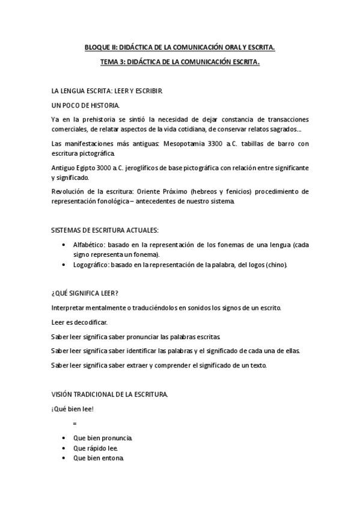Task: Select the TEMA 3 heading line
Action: click(x=180, y=60)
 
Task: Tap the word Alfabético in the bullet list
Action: click(x=89, y=245)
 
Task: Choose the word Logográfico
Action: click(x=90, y=265)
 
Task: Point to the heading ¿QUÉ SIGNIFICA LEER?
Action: click(x=84, y=293)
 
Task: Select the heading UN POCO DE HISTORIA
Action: click(x=85, y=105)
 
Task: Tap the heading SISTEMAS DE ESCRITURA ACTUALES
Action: click(x=105, y=230)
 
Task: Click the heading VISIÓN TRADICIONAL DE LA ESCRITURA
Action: click(x=109, y=395)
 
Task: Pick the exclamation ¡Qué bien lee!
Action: click(x=72, y=409)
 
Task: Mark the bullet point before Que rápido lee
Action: click(x=64, y=448)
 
